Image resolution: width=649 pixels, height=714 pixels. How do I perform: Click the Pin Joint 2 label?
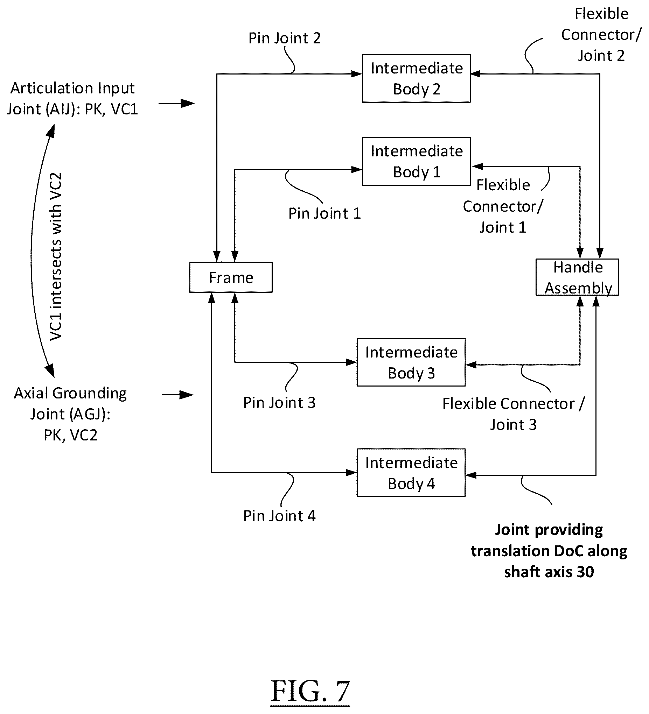285,38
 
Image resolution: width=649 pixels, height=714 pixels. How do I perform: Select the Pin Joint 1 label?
324,213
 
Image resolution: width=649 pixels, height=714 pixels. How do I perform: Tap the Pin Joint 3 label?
279,402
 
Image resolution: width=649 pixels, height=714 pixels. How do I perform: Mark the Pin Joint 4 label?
279,516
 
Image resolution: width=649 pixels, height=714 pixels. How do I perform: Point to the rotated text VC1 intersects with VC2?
56,256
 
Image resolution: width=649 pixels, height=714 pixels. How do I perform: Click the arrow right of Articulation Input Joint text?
176,104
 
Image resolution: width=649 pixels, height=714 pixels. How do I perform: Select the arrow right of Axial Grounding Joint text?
177,395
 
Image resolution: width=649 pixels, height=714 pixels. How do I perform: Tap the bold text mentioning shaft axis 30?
549,551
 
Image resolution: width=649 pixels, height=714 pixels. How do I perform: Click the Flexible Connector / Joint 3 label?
514,414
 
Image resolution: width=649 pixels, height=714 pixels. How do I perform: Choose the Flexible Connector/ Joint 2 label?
601,35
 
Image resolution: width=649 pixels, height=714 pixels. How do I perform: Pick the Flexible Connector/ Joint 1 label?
503,206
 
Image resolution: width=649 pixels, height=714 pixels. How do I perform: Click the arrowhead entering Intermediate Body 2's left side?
357,74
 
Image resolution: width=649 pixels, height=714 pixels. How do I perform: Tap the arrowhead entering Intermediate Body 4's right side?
471,475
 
